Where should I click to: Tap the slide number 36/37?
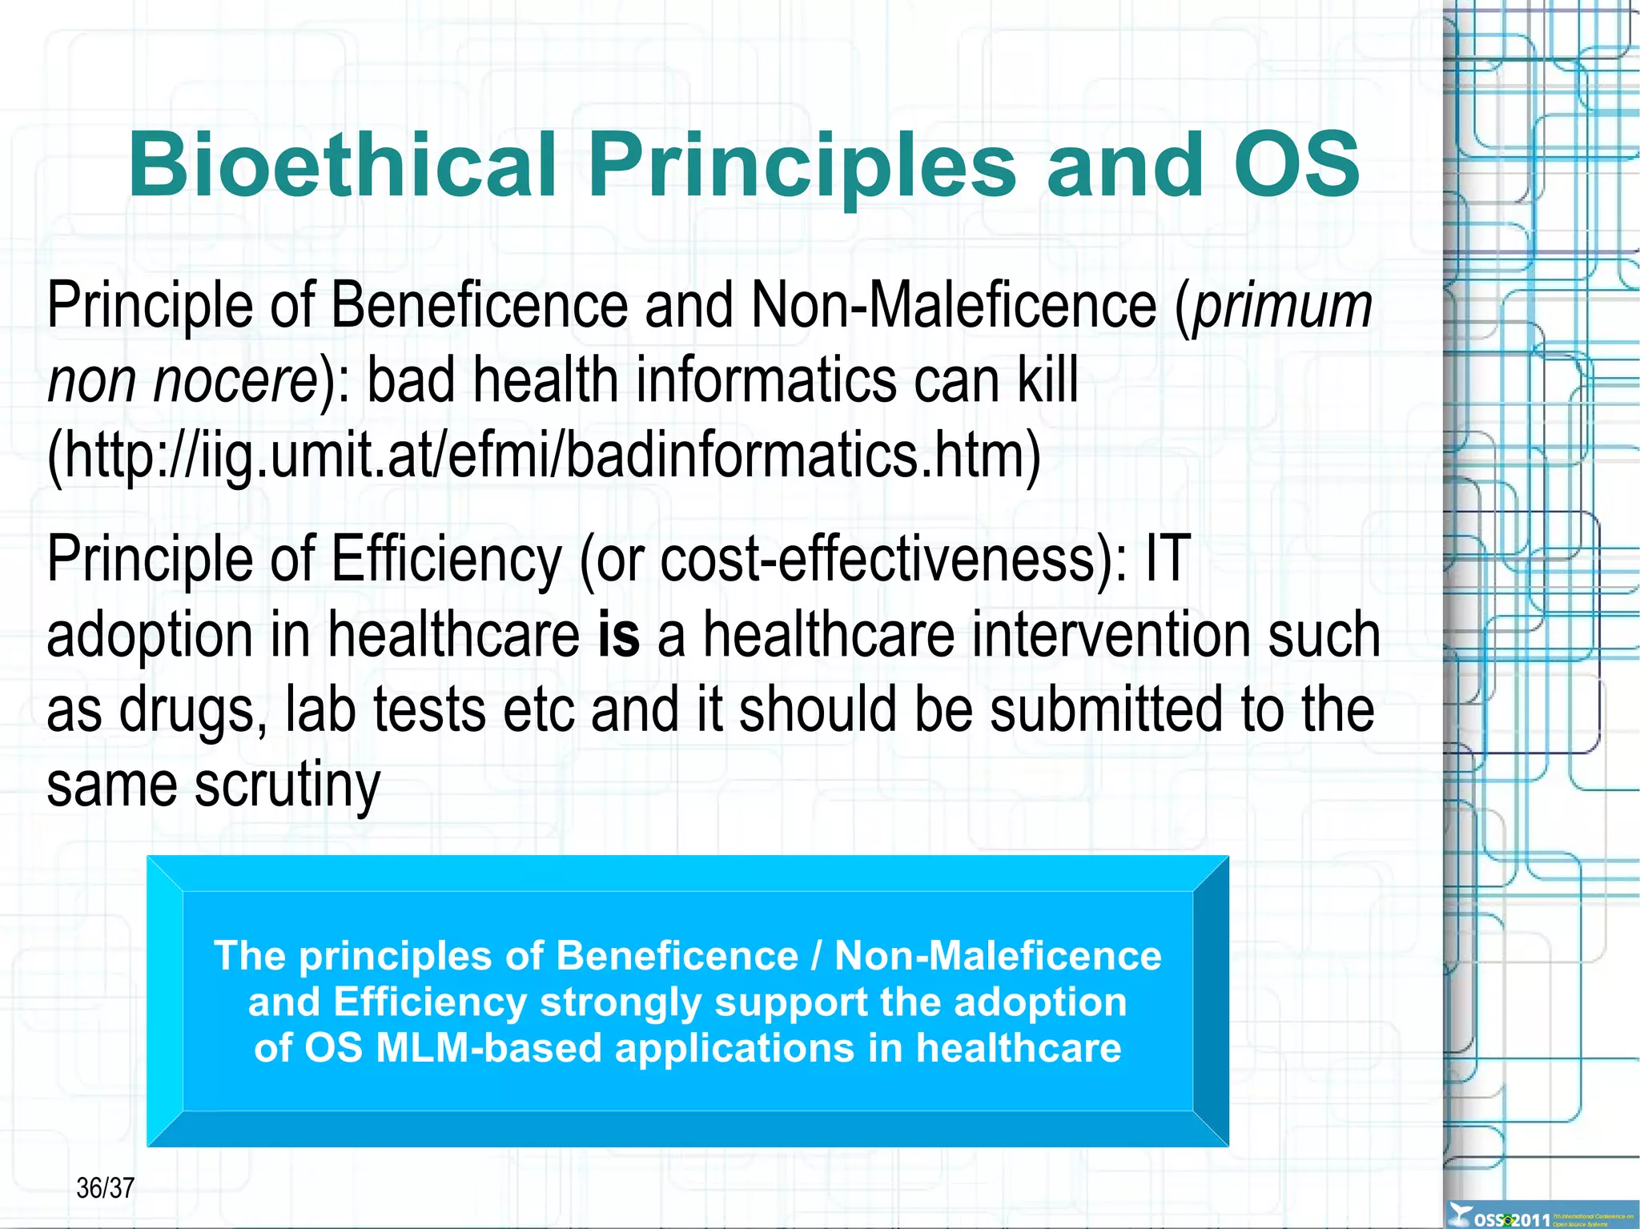click(x=105, y=1188)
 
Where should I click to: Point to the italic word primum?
click(x=1283, y=306)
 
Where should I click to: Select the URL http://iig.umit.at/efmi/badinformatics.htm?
click(x=545, y=456)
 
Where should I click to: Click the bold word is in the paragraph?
click(x=619, y=634)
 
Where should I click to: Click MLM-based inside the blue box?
click(x=488, y=1048)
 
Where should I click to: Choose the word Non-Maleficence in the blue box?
click(x=998, y=956)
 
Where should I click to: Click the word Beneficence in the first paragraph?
click(x=479, y=306)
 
